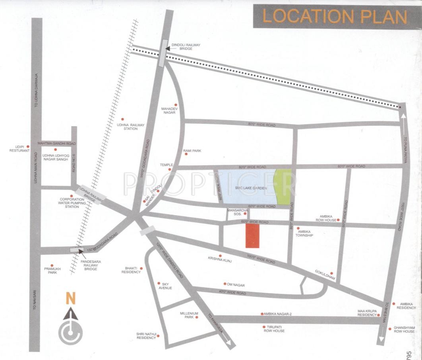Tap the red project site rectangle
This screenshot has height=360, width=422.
click(x=252, y=235)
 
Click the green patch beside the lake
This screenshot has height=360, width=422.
click(x=283, y=187)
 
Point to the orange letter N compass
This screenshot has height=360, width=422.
click(x=71, y=297)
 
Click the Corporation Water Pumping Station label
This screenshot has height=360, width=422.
click(x=72, y=203)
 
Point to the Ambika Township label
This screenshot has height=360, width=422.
click(x=304, y=234)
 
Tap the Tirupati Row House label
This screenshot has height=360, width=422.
click(x=274, y=329)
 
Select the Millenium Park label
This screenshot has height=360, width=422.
click(x=189, y=315)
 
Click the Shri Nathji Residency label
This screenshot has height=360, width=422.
click(x=146, y=335)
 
